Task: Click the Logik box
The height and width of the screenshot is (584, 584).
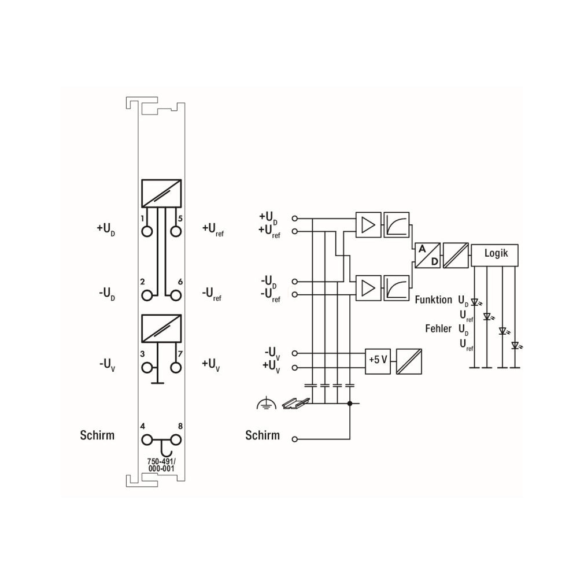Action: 494,255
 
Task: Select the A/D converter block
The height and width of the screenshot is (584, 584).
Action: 427,255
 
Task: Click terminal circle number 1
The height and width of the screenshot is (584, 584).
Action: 147,232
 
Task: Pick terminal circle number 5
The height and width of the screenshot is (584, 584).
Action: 176,232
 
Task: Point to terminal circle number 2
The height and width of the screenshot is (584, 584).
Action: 147,295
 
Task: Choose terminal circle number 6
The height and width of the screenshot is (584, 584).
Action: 176,295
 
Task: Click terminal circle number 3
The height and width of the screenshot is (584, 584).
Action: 147,368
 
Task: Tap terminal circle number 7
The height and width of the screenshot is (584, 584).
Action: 176,368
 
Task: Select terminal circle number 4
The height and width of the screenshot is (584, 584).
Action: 147,440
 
